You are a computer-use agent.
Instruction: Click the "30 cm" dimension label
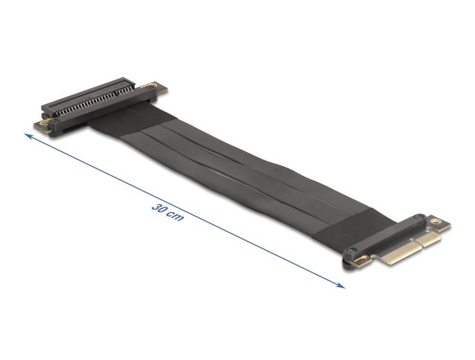166,212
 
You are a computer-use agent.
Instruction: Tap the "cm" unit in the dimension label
174,217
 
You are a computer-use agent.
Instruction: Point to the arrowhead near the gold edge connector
341,285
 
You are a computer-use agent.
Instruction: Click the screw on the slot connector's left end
50,116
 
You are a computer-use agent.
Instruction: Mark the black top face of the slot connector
81,95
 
